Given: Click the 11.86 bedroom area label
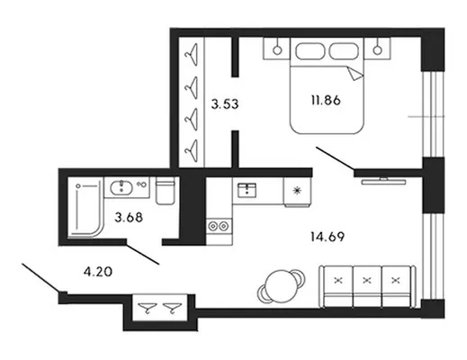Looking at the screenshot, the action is click(326, 100).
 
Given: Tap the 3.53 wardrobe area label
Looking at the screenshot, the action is click(225, 104).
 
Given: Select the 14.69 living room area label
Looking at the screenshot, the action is click(328, 237).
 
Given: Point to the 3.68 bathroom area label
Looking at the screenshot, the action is click(129, 218).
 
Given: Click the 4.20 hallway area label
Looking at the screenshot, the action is click(98, 272).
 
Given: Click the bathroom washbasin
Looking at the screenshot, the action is click(121, 188).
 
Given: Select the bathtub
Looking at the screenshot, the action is click(85, 208).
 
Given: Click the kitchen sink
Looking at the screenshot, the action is click(247, 190).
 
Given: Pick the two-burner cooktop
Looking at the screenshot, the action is click(219, 226).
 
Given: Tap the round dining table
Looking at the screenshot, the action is click(281, 286).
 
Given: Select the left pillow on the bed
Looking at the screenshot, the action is click(310, 51).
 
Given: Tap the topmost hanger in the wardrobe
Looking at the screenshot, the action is click(192, 54).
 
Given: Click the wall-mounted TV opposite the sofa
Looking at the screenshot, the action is click(383, 181).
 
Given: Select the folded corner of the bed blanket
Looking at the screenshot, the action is click(355, 74).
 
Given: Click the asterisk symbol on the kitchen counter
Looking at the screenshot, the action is click(297, 190).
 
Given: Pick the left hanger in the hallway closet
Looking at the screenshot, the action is click(148, 308).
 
